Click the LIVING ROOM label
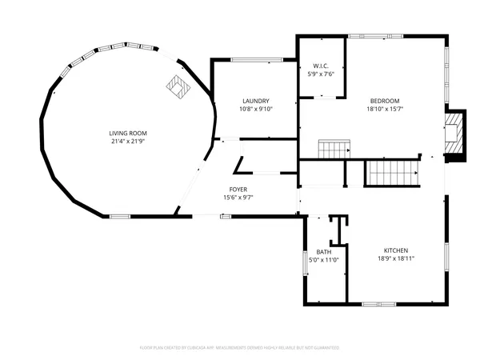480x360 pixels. (x=128, y=133)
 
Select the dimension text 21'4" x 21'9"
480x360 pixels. (x=128, y=142)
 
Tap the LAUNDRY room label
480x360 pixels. (x=255, y=101)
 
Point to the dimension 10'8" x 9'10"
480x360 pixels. (x=255, y=110)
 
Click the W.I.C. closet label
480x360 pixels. (x=321, y=66)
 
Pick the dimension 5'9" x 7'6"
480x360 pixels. (x=321, y=74)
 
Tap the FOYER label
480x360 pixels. (x=238, y=190)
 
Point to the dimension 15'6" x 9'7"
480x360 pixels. (x=238, y=198)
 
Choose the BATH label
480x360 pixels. (x=324, y=251)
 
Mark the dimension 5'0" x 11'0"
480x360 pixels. (x=324, y=259)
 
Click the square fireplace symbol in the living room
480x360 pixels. (x=177, y=85)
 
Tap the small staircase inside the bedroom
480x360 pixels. (x=334, y=149)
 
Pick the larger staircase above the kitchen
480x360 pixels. (x=392, y=171)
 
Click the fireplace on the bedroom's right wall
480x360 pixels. (x=455, y=134)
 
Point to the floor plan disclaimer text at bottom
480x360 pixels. (x=240, y=348)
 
